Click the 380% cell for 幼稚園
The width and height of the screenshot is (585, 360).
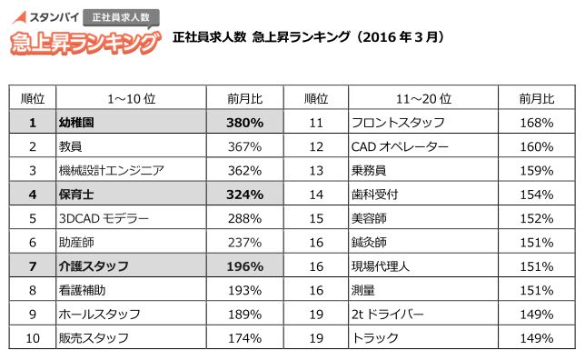coord(244,122)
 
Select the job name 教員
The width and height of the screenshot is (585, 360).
coord(72,145)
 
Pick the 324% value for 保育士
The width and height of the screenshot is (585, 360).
coord(244,194)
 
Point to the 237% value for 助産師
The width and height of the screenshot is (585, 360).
coord(244,242)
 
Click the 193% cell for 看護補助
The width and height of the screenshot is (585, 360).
coord(244,290)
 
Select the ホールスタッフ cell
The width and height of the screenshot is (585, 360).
coord(100,315)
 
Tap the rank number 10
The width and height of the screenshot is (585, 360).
coord(33,338)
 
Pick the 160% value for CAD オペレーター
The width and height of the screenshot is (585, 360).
coord(535,145)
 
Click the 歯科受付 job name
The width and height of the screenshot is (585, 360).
coord(374,194)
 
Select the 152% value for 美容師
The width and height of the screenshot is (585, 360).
coord(535,218)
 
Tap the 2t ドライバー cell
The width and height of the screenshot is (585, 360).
coord(387,315)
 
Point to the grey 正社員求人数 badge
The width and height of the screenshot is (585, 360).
coord(121,17)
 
